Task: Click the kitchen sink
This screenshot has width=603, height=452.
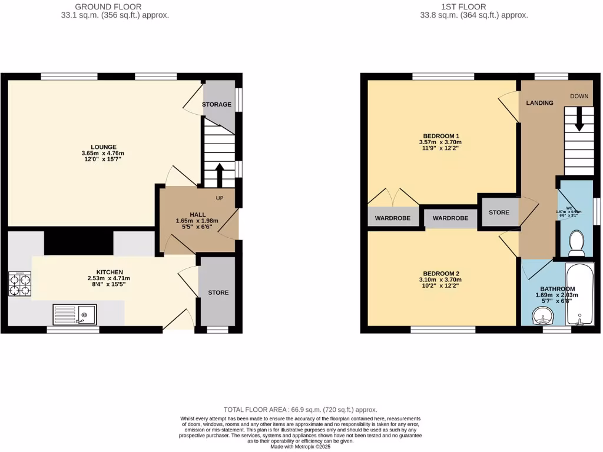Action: coord(74,314)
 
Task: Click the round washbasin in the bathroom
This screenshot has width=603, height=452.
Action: coord(542,318)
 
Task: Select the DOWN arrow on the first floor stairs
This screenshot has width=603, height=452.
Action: coord(578,119)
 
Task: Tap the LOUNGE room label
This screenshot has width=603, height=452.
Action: coord(104,147)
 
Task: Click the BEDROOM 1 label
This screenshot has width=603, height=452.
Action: coord(440,135)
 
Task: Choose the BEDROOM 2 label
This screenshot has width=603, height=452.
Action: coord(440,273)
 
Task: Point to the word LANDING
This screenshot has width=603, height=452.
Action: coord(539,103)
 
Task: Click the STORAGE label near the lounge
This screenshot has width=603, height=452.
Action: coord(217,105)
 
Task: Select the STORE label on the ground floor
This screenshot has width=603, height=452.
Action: coord(218,293)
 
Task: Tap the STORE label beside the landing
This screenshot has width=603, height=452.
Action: coord(499,212)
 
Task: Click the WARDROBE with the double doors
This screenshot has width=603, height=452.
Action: coord(393,218)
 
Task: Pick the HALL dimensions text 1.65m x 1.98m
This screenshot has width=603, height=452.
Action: coord(197,221)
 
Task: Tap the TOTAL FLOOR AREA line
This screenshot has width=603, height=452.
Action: coord(300,410)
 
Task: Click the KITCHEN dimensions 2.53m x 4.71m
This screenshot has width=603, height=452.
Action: coord(110,278)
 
